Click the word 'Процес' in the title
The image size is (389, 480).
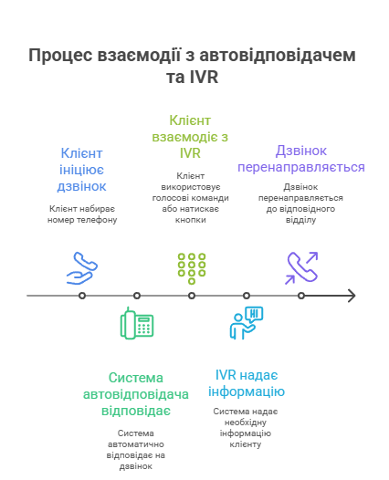click(60, 56)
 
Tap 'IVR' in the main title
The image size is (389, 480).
click(204, 77)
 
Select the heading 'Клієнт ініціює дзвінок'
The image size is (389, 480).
click(81, 170)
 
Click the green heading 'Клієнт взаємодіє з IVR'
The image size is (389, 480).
click(190, 137)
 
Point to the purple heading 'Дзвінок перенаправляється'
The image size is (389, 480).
click(301, 159)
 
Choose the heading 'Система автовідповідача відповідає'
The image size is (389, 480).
click(136, 394)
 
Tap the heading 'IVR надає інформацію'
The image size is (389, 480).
click(247, 383)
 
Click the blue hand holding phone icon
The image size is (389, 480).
click(82, 268)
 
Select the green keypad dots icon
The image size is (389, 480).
click(192, 268)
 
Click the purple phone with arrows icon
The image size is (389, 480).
click(301, 268)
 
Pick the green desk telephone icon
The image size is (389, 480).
click(137, 323)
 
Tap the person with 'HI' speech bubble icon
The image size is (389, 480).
click(247, 323)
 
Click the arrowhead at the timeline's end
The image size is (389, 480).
click(352, 296)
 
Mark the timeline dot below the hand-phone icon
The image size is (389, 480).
click(82, 296)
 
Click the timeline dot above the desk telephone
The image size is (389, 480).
click(137, 296)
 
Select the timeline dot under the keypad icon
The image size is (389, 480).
click(192, 296)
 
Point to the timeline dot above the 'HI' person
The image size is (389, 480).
click(247, 296)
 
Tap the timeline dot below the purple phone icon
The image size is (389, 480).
click(301, 296)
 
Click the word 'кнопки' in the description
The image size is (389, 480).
click(191, 220)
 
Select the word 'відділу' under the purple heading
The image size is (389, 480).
click(300, 220)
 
